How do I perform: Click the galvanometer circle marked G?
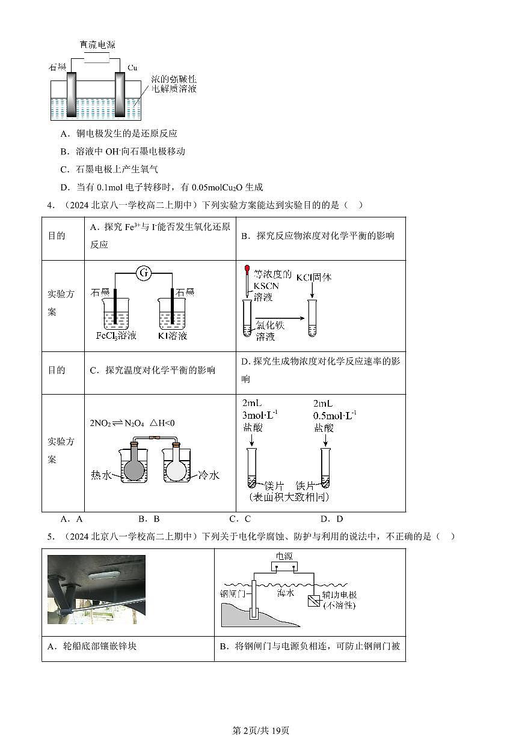(143, 274)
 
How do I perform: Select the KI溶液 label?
(172, 335)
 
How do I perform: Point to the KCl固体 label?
(314, 277)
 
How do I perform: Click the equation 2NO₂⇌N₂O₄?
(114, 423)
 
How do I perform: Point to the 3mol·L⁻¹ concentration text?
(260, 415)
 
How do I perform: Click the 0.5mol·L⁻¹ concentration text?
(334, 415)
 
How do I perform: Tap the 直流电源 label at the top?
(97, 45)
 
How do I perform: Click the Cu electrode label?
(133, 67)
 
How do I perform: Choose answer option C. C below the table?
(240, 519)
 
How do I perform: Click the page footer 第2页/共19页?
(260, 730)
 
